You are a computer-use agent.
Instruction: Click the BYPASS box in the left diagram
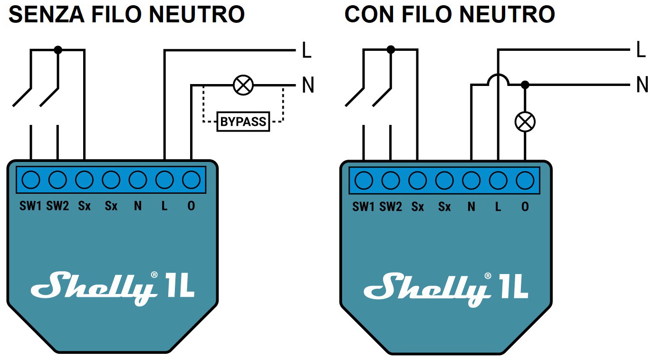point(243,122)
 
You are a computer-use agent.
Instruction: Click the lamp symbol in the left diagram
point(243,85)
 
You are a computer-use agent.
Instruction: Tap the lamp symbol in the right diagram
point(525,122)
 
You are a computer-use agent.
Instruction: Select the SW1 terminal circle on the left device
point(31,180)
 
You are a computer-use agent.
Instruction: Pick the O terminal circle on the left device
point(191,180)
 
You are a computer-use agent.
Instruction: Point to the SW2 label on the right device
point(391,207)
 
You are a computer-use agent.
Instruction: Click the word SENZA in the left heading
point(45,15)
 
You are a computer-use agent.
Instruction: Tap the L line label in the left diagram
point(307,51)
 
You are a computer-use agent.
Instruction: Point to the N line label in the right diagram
point(642,85)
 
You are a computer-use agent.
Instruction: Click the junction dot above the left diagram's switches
point(58,49)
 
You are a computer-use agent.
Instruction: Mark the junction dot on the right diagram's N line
point(525,85)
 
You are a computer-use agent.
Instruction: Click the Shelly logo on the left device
point(93,288)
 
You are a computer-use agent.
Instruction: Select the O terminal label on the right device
point(525,207)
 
